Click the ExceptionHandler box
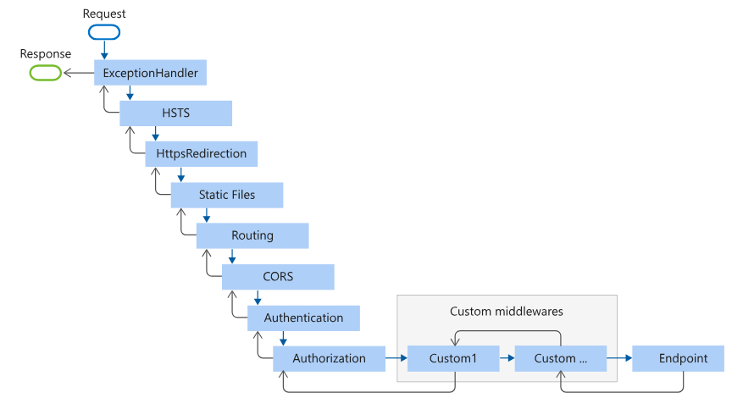(150, 74)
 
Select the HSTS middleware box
(175, 113)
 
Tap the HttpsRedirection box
(201, 154)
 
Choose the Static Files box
(226, 195)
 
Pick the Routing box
(252, 235)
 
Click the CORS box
(277, 276)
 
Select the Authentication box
(303, 318)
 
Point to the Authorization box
(329, 358)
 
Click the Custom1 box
(452, 358)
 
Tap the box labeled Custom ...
(560, 358)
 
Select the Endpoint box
(682, 358)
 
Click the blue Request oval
(103, 32)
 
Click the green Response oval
(45, 73)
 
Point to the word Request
(104, 14)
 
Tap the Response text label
(46, 54)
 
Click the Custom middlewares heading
(507, 312)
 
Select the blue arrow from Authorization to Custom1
(396, 358)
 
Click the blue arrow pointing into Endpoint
(619, 358)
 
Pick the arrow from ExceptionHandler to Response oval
(78, 73)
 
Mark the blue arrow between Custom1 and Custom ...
(506, 358)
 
